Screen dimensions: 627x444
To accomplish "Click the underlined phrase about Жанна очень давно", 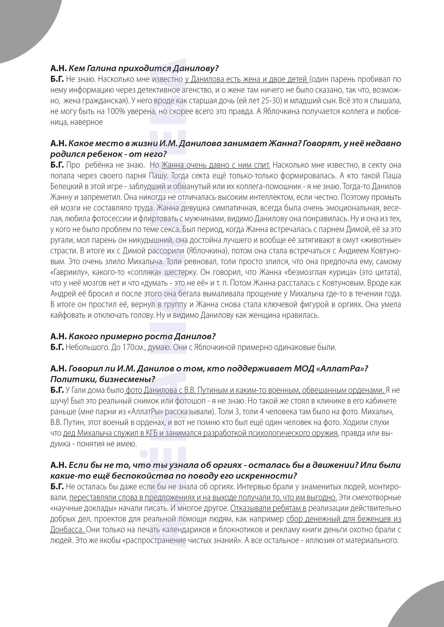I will (x=215, y=165).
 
